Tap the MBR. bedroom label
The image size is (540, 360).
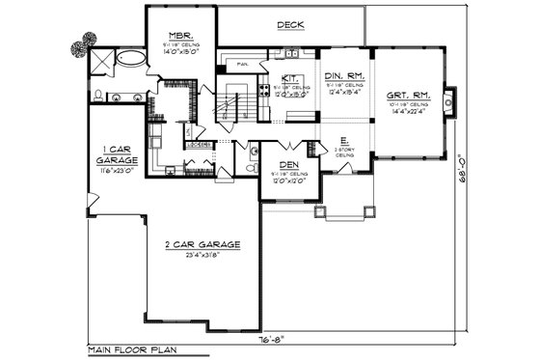pos(179,34)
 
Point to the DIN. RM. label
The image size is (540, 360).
pos(344,74)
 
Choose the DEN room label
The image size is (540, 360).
pos(288,165)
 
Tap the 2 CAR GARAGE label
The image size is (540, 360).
pos(202,245)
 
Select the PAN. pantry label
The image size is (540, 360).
pos(245,66)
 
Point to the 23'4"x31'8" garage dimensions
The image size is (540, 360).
pos(202,256)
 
